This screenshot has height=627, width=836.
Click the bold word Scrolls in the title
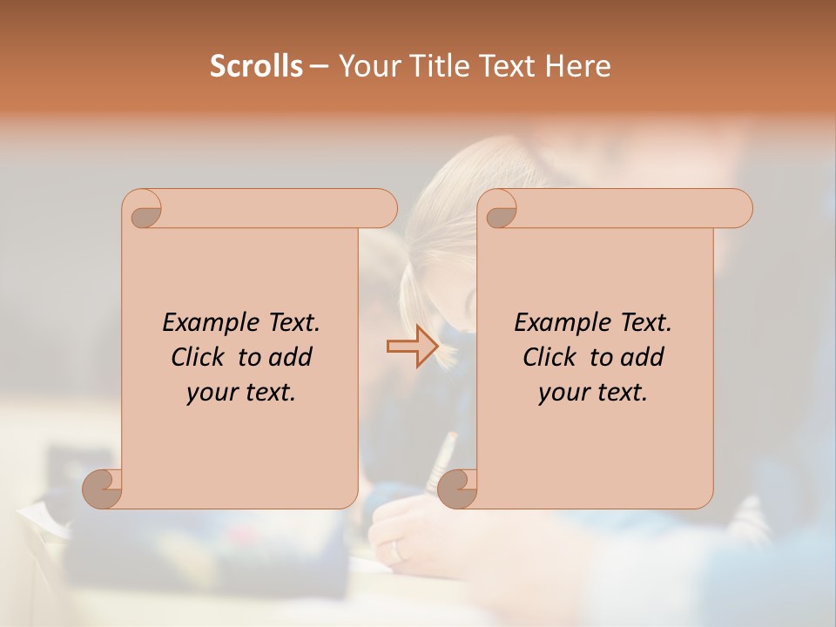[x=256, y=66]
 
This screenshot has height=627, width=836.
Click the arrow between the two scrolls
[x=412, y=347]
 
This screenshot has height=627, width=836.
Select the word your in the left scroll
[x=209, y=394]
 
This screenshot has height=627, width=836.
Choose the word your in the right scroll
[x=561, y=394]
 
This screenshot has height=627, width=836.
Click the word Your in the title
[x=367, y=66]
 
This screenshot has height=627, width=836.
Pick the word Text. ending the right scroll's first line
[x=645, y=323]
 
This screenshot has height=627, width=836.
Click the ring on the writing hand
[x=396, y=550]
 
